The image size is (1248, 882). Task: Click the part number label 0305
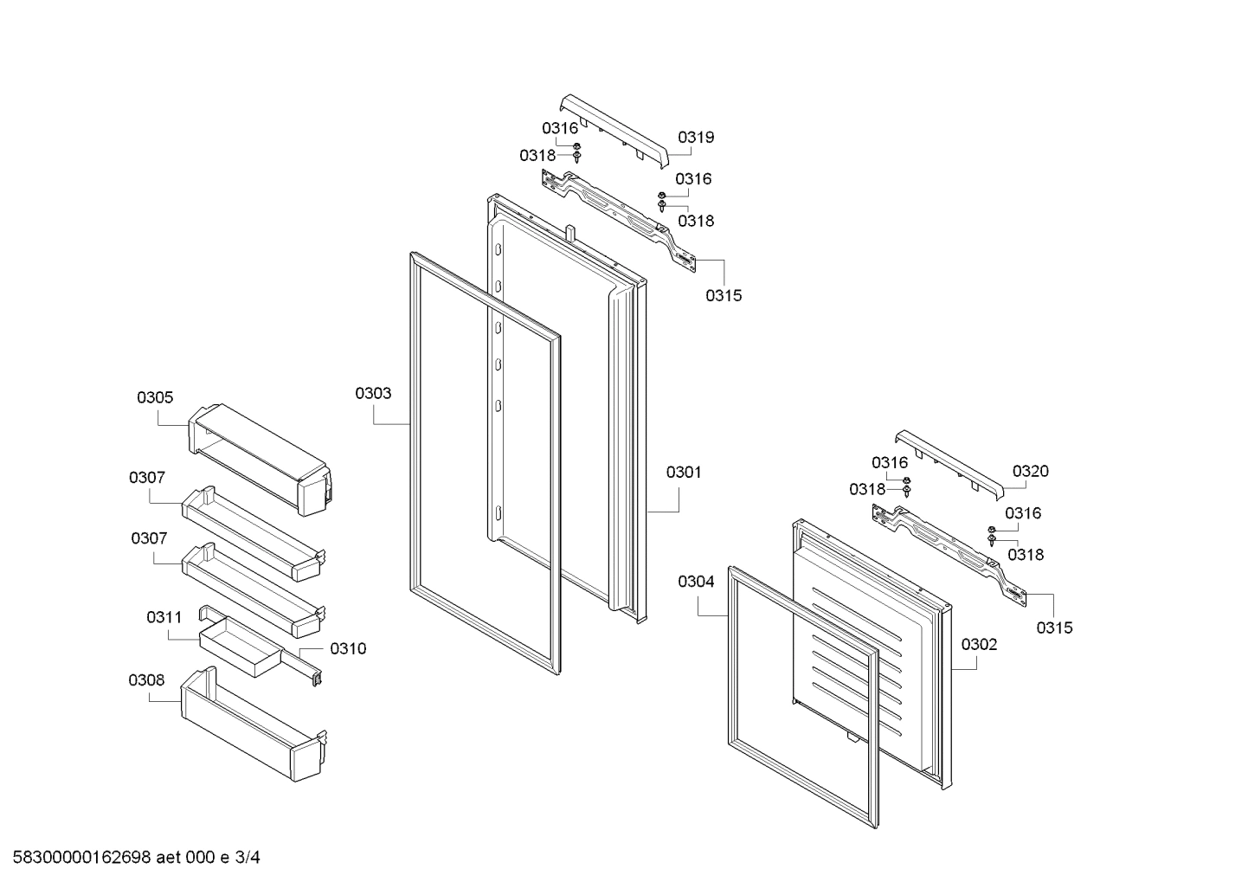click(155, 398)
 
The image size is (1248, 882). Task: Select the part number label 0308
click(146, 680)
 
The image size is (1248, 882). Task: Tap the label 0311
click(164, 617)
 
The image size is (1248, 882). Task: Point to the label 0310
click(348, 648)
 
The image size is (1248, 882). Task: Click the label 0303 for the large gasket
click(373, 393)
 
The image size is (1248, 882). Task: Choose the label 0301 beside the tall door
click(684, 473)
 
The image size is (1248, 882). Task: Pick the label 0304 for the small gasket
click(696, 582)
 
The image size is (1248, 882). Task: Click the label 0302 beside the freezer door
click(979, 644)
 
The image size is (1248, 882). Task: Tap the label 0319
click(696, 137)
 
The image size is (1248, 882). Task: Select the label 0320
click(1030, 471)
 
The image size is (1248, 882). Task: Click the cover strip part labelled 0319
click(616, 130)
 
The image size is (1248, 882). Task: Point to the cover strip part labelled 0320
click(950, 463)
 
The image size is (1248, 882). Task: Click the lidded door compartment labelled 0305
click(260, 457)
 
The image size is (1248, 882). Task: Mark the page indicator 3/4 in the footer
click(248, 858)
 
